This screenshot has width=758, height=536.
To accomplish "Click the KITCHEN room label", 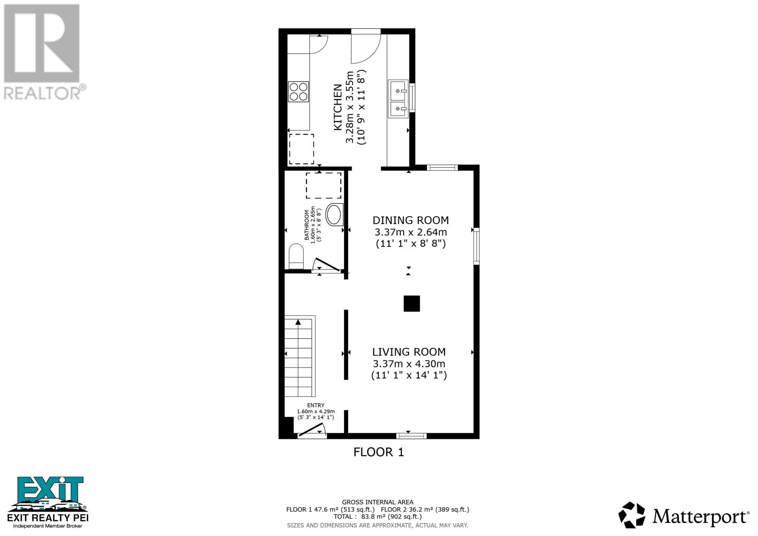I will click(x=338, y=107).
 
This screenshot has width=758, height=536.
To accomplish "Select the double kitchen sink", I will click(x=398, y=98).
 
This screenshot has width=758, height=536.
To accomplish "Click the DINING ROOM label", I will click(x=411, y=220).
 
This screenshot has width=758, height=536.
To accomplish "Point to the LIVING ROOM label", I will click(x=409, y=352).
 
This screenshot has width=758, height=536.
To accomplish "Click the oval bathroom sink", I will click(x=334, y=215).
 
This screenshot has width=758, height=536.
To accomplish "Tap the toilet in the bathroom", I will click(x=296, y=256).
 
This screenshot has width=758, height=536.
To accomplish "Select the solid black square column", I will click(x=412, y=303).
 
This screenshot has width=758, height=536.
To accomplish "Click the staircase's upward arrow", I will click(x=298, y=322).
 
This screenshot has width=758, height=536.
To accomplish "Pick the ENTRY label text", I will click(x=316, y=405).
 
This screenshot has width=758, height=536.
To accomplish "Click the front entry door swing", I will click(x=311, y=429).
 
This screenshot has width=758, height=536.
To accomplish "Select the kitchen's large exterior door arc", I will click(x=365, y=47).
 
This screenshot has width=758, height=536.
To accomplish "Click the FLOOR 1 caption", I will click(x=379, y=452).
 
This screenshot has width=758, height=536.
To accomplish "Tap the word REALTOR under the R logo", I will click(x=42, y=92).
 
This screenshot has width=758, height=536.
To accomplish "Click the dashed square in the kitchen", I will click(x=301, y=149).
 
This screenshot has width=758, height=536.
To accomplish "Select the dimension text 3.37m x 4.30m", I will click(x=409, y=364).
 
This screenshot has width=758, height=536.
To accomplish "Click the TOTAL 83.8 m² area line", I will click(x=378, y=517).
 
